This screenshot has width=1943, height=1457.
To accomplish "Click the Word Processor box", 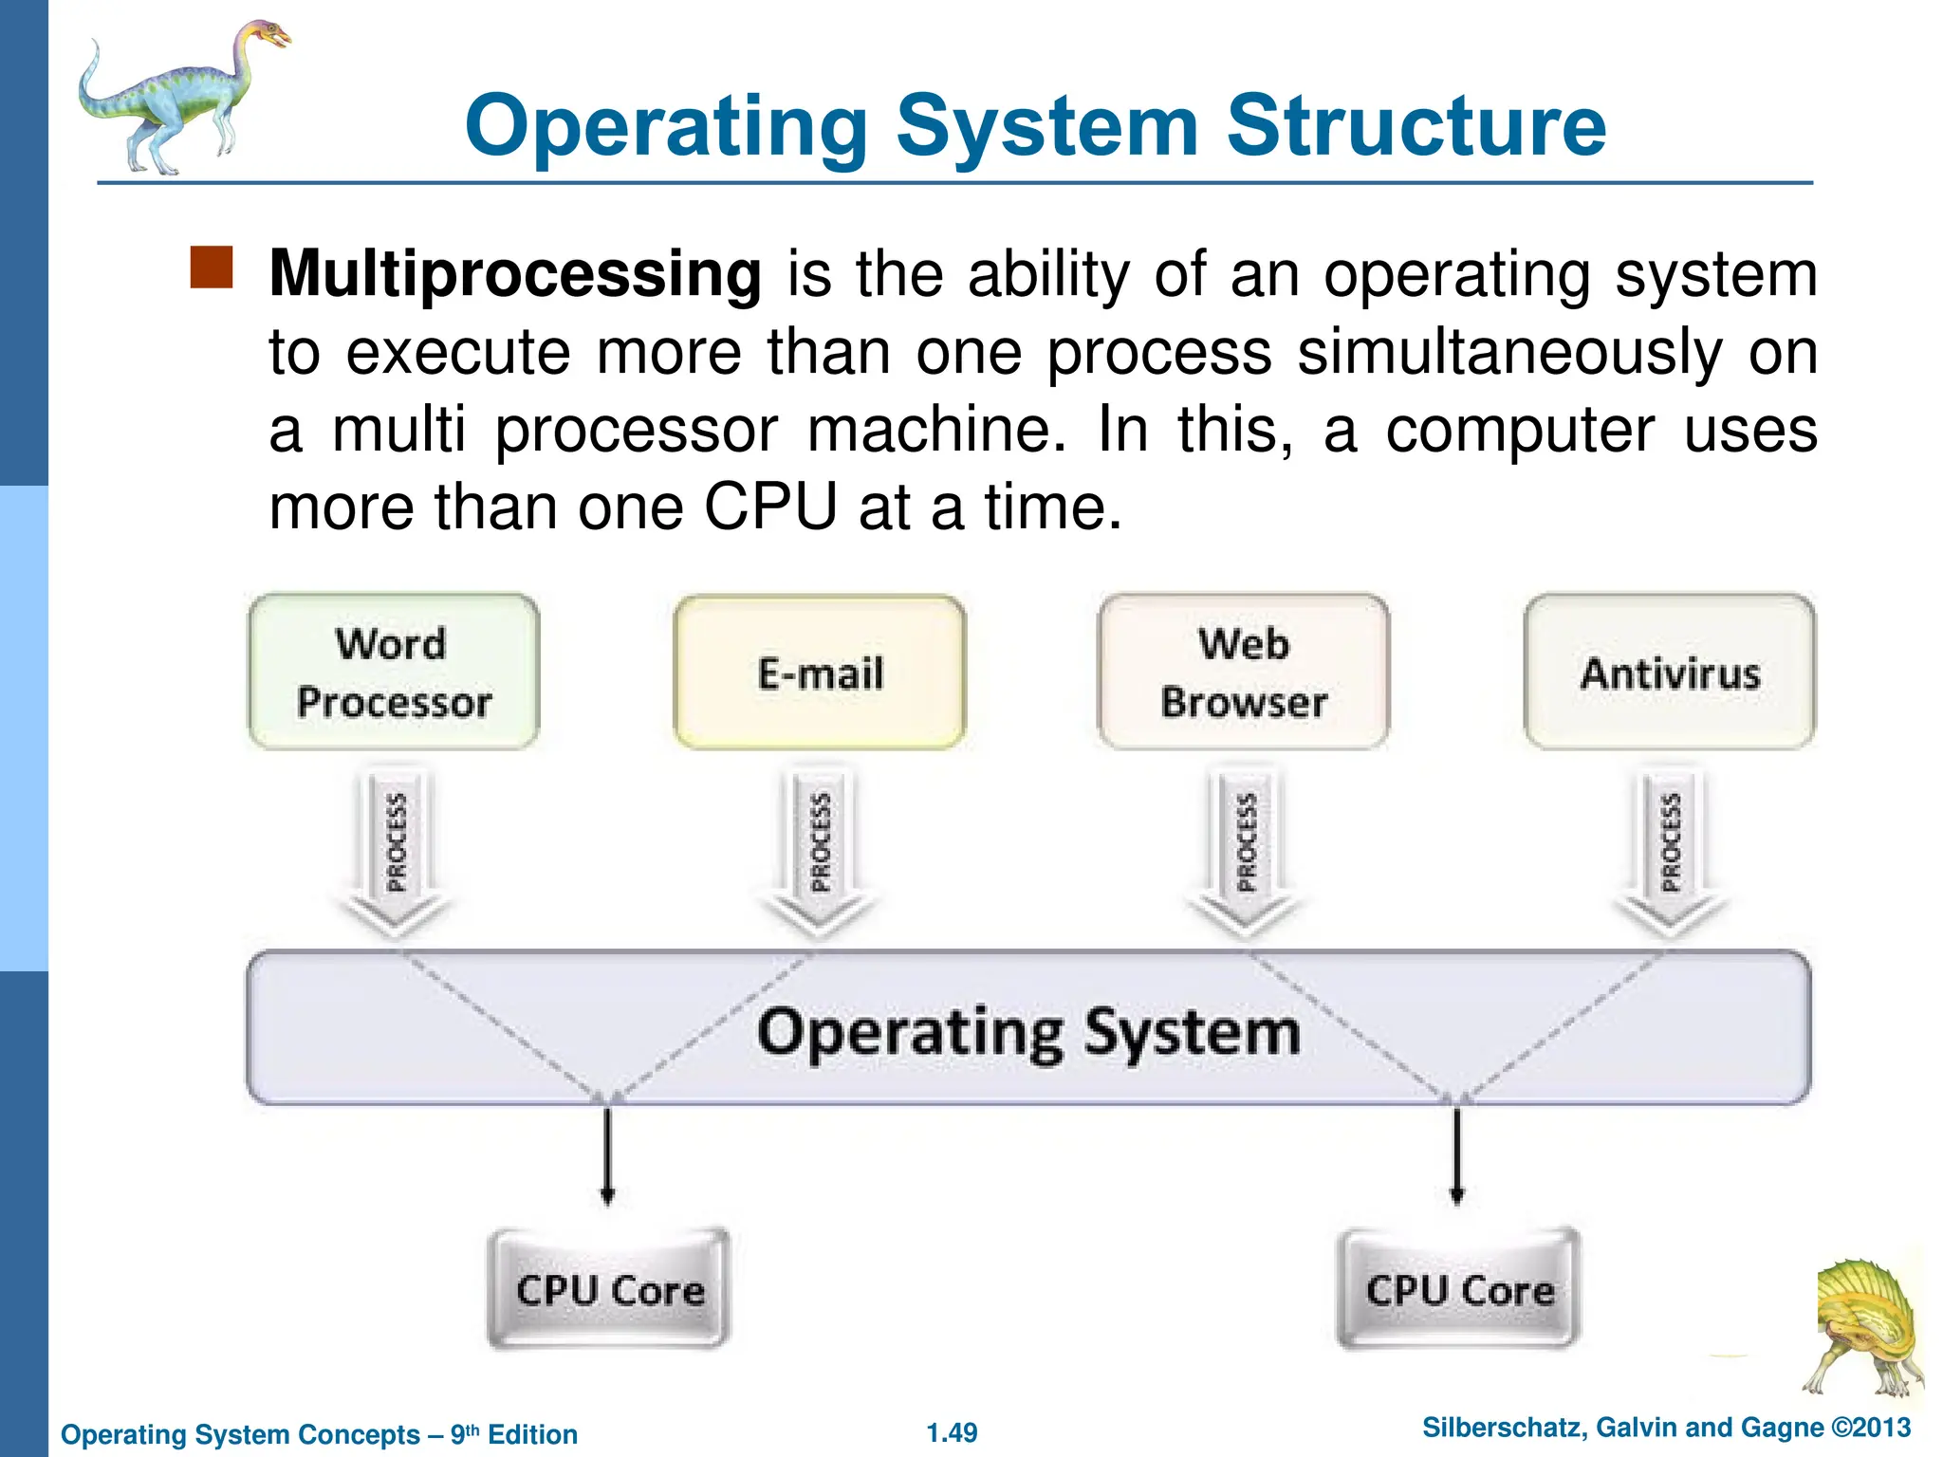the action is click(394, 673).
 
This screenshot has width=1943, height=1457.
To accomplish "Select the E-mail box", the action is click(820, 673).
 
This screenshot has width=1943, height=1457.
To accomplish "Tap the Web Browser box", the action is click(1244, 673).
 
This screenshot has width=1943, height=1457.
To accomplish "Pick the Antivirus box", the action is click(1670, 673).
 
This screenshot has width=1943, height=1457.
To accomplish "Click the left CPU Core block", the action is click(609, 1289).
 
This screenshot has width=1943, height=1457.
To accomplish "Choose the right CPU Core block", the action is click(1459, 1289).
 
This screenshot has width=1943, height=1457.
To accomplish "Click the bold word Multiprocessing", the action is click(515, 275).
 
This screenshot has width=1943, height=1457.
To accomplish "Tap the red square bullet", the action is click(212, 267).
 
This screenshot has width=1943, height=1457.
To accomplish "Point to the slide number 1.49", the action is click(952, 1432).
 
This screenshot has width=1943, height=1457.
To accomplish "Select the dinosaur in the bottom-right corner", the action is click(1864, 1328).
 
